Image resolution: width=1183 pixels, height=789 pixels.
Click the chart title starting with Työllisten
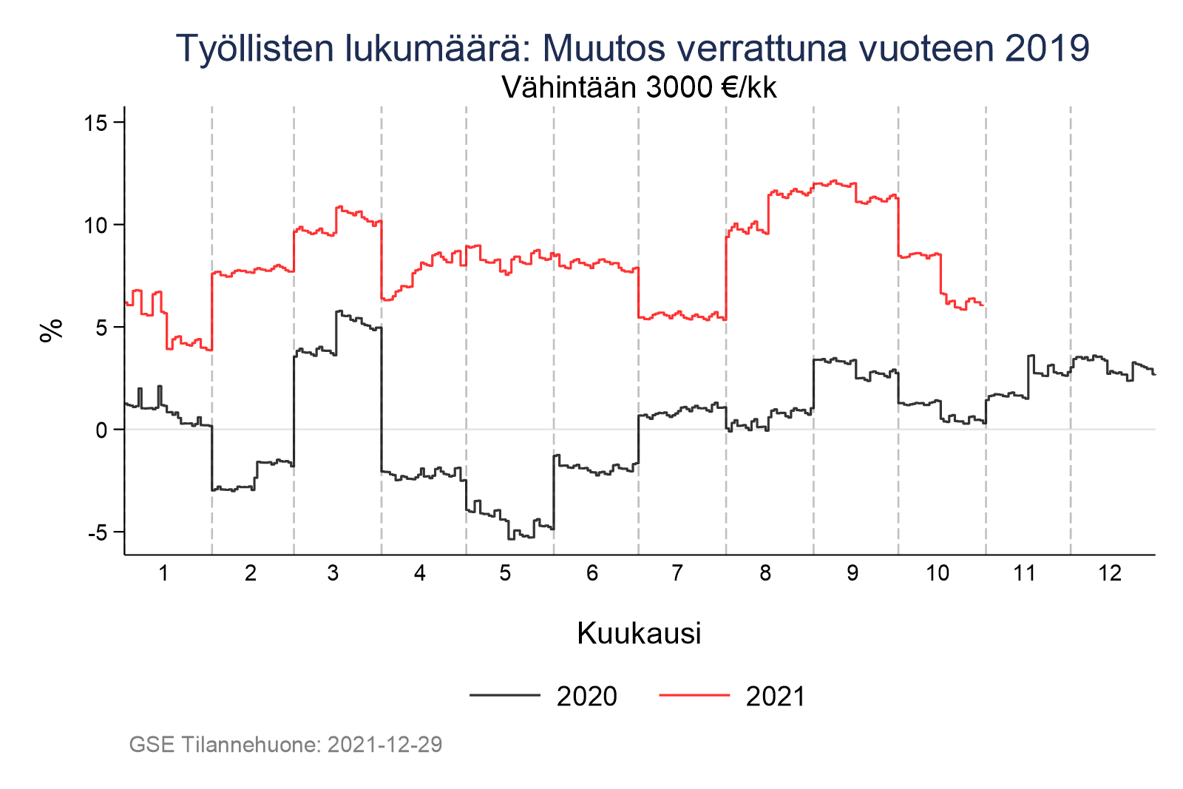(x=633, y=48)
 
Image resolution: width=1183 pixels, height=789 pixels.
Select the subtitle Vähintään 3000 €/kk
(x=639, y=88)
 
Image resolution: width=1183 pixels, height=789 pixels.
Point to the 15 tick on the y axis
(x=96, y=123)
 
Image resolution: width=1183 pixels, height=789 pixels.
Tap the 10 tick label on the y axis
(x=96, y=225)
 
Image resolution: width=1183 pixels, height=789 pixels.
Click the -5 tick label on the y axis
(x=98, y=532)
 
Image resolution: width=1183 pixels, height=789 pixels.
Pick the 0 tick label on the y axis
(x=102, y=430)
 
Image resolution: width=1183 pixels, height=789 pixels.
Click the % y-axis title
(x=50, y=331)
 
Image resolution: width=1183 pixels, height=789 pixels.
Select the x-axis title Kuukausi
(x=639, y=634)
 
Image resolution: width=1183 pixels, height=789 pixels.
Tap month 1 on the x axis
(x=163, y=573)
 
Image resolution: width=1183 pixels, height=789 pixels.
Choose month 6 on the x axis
(x=592, y=573)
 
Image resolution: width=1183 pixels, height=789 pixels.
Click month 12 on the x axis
(x=1110, y=573)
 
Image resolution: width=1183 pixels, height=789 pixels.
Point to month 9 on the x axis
(x=852, y=573)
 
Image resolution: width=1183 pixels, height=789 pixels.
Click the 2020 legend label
(x=586, y=697)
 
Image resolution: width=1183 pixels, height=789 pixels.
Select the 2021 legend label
(x=776, y=697)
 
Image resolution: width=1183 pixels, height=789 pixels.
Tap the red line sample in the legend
(x=694, y=695)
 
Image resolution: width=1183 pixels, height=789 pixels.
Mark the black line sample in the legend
(x=504, y=695)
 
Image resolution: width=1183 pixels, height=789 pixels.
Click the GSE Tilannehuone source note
(x=285, y=745)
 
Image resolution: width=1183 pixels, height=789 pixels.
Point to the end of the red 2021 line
(x=983, y=305)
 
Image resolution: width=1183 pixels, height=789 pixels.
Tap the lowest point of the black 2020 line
(x=511, y=539)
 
